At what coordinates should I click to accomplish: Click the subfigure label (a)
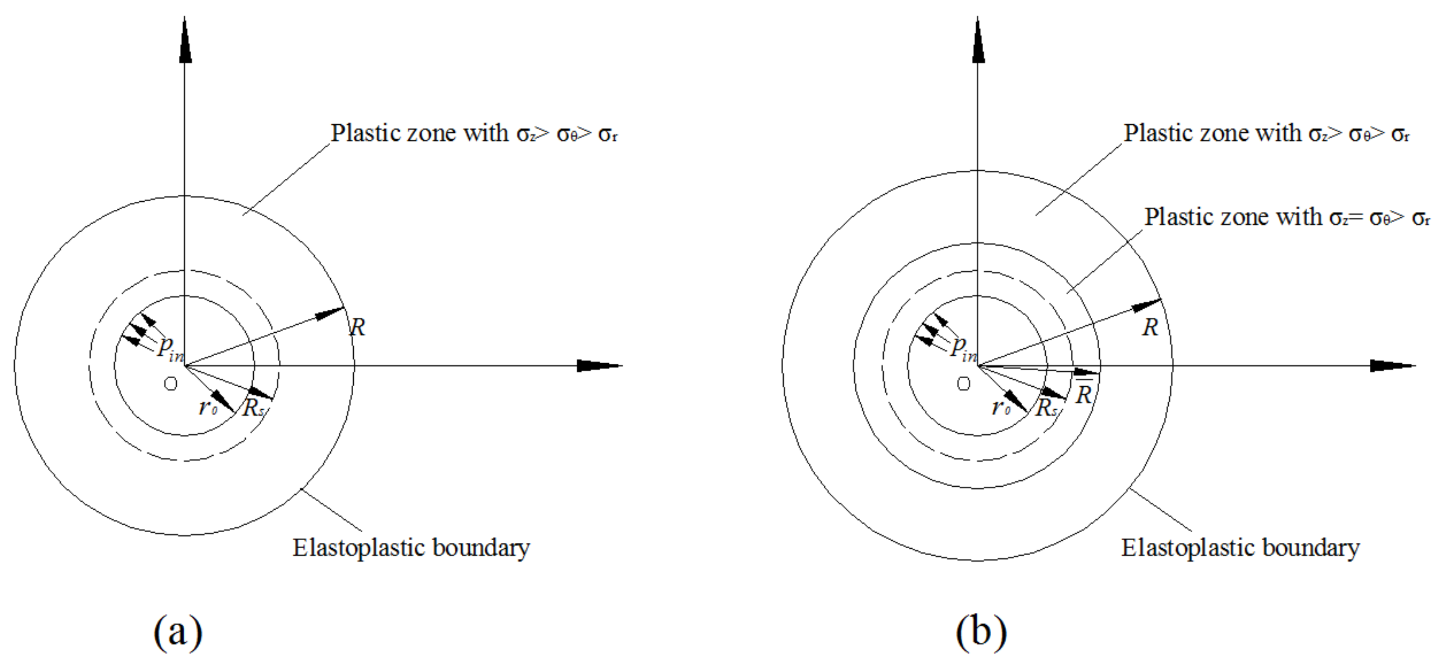pos(178,631)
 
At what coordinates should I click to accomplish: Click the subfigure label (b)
pos(981,631)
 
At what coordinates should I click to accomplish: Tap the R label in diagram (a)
pos(357,327)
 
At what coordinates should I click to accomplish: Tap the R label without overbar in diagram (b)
pos(1150,327)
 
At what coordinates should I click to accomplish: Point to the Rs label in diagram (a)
pos(253,408)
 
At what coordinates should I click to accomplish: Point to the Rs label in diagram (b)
pos(1046,408)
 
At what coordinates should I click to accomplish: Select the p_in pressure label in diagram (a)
pos(170,349)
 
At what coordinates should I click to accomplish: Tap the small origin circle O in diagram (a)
pos(170,384)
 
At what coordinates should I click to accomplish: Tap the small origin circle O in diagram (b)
pos(963,384)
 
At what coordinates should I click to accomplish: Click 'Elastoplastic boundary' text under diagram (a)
pos(411,548)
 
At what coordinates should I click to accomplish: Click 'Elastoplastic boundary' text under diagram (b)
pos(1240,548)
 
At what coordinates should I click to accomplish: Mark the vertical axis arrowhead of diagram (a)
pos(185,42)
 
